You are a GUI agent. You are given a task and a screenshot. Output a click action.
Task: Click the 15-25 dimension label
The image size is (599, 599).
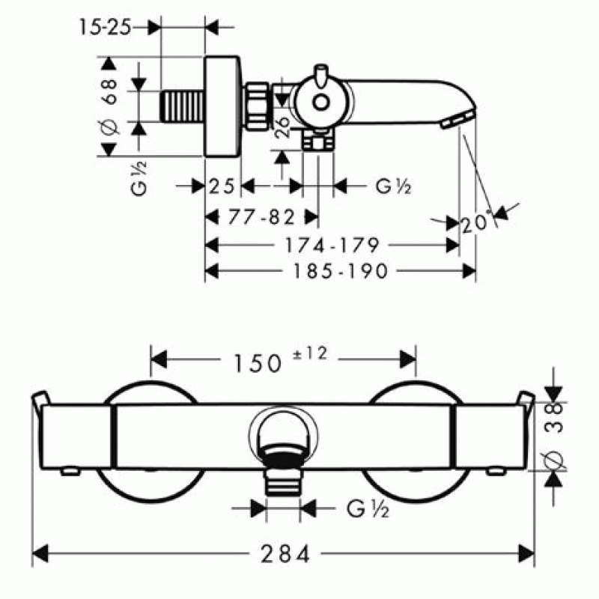(x=105, y=28)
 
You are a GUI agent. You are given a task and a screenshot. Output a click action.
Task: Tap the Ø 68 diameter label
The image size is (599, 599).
(x=109, y=106)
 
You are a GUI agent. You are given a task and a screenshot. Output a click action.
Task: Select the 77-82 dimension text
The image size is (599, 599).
(x=261, y=217)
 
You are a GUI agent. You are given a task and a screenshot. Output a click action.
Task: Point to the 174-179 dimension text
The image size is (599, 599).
(x=332, y=245)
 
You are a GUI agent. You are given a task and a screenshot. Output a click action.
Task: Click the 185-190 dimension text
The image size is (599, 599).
(x=341, y=271)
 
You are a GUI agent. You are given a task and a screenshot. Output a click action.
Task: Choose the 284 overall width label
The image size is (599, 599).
(x=285, y=553)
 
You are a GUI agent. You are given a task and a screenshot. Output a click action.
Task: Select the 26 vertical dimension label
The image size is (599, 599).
(x=283, y=127)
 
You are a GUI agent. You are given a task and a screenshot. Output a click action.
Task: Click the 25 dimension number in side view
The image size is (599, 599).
(x=222, y=186)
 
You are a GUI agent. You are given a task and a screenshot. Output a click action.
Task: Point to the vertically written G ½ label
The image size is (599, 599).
(x=139, y=178)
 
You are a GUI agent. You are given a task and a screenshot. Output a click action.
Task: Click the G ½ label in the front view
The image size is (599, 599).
(x=368, y=509)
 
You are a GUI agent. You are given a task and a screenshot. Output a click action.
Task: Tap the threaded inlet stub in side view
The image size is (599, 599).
(x=182, y=107)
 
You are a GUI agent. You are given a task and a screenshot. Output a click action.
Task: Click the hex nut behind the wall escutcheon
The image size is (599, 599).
(x=256, y=106)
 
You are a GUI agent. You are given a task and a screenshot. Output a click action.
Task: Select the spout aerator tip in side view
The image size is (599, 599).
(x=457, y=118)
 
